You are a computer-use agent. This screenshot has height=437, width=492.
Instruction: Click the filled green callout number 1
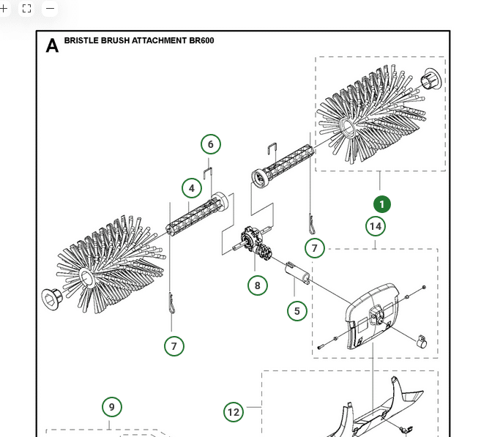pos(381,204)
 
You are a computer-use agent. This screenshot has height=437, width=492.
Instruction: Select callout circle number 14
pos(376,226)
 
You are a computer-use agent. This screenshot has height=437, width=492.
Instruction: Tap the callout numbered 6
pos(211,144)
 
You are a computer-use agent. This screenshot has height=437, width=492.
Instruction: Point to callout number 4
pos(192,188)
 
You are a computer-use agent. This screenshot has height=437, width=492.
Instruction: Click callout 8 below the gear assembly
pos(258,285)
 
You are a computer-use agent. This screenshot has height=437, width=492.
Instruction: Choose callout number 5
pos(297,311)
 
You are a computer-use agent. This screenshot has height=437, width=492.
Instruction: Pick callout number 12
pos(234,412)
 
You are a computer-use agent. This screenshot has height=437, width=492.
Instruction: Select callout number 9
pos(111,407)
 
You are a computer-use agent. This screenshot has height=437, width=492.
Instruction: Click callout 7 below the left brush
pos(174,346)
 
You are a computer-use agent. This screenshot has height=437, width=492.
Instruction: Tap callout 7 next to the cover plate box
pos(315,248)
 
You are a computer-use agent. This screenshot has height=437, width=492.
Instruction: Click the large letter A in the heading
pos(52,46)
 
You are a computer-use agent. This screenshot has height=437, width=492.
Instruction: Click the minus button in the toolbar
pos(50,9)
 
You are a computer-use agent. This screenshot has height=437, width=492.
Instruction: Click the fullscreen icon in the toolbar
pos(27,9)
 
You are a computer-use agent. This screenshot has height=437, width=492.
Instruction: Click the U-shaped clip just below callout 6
pos(207,173)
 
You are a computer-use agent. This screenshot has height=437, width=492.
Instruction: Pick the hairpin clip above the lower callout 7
pos(172,304)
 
